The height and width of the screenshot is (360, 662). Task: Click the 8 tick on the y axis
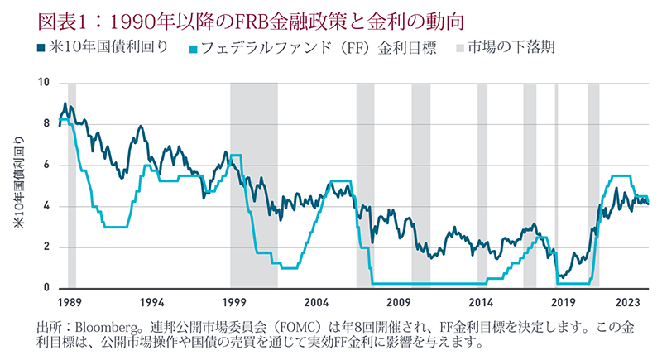click(x=47, y=124)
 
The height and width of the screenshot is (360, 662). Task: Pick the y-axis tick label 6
click(x=47, y=165)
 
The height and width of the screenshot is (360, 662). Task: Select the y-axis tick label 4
click(x=47, y=206)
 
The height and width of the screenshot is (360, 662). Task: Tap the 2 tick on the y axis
click(x=47, y=247)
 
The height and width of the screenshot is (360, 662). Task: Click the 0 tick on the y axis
click(x=47, y=288)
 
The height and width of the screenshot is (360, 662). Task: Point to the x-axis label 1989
click(x=70, y=302)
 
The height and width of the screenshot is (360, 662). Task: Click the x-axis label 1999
click(x=235, y=302)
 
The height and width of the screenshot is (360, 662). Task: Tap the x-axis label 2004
click(x=317, y=302)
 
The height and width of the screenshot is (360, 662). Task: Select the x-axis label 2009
click(x=399, y=302)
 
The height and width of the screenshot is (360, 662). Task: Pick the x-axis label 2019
click(x=564, y=302)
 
